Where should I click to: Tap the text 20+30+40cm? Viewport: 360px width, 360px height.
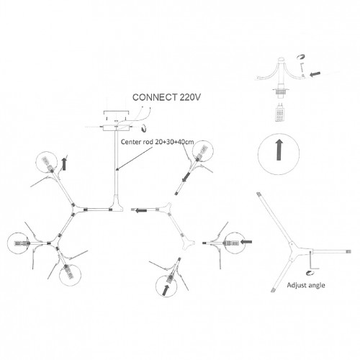[174, 142]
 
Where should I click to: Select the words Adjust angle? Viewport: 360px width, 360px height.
[306, 285]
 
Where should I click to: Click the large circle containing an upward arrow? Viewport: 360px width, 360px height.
[279, 135]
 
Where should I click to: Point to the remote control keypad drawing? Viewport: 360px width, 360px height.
[280, 115]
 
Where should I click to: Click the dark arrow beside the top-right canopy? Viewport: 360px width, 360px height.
[315, 73]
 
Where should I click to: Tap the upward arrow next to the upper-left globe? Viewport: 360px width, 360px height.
[64, 164]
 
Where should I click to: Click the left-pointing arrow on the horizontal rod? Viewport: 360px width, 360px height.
[141, 210]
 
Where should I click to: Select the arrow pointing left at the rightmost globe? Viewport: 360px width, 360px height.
[246, 242]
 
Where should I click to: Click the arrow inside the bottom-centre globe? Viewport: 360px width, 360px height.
[166, 290]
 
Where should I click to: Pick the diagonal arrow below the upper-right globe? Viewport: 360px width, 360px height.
[186, 177]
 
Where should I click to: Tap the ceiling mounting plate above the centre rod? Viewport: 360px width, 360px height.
[117, 128]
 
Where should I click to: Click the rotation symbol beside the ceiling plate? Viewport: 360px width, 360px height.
[143, 128]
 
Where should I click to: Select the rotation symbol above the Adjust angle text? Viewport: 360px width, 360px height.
[310, 273]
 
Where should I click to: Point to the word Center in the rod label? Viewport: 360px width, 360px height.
[129, 142]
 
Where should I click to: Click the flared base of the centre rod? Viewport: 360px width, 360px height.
[117, 204]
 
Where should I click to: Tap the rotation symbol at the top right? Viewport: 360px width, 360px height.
[301, 57]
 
